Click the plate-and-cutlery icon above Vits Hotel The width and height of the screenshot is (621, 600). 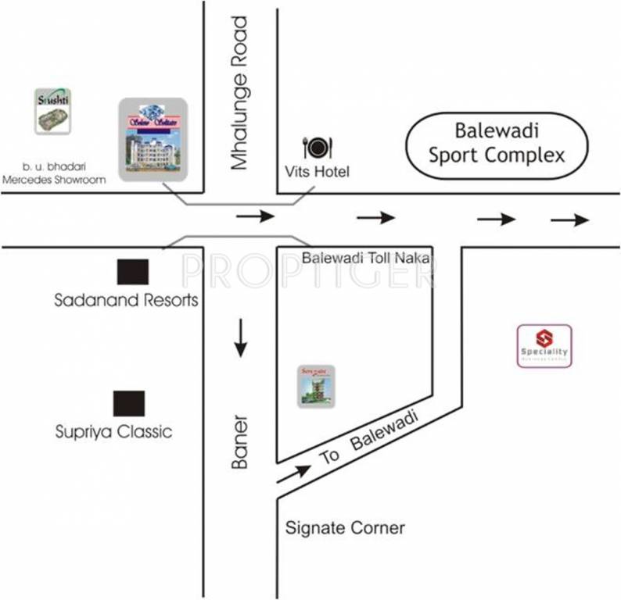tap(318, 146)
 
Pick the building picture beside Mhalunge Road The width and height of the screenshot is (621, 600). tap(153, 139)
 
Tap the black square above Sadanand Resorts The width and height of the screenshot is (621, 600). tap(132, 271)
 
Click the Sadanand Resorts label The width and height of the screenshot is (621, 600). tap(126, 300)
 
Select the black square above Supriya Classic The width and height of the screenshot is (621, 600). tap(129, 403)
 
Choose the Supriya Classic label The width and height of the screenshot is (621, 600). tap(114, 431)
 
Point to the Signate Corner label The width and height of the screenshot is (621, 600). tap(345, 528)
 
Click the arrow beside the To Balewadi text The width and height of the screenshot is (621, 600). tap(293, 472)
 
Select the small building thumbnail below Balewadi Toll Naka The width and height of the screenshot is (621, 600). tap(316, 385)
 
